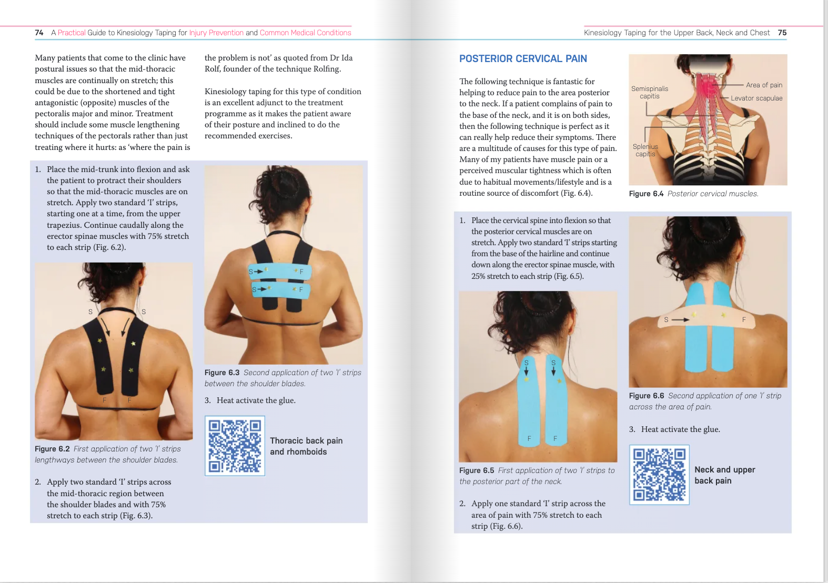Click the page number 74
[x=39, y=33]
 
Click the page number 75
[x=782, y=33]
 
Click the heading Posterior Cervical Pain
[x=523, y=59]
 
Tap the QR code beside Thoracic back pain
[x=235, y=446]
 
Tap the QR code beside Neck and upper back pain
[x=659, y=475]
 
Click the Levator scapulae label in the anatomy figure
[x=756, y=98]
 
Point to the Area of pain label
[x=764, y=85]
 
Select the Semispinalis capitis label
[x=650, y=93]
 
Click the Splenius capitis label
[x=645, y=150]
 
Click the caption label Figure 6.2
[x=52, y=449]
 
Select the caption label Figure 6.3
[x=222, y=373]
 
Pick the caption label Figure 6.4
[x=646, y=194]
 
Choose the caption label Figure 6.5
[x=477, y=470]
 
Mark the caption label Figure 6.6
[x=647, y=396]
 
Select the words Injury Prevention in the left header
[x=216, y=33]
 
